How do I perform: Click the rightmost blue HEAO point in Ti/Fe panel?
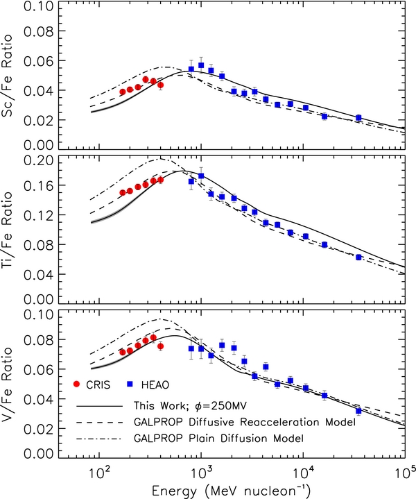(358, 257)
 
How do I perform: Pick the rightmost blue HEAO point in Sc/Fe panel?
(358, 117)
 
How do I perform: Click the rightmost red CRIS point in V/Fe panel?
(160, 346)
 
